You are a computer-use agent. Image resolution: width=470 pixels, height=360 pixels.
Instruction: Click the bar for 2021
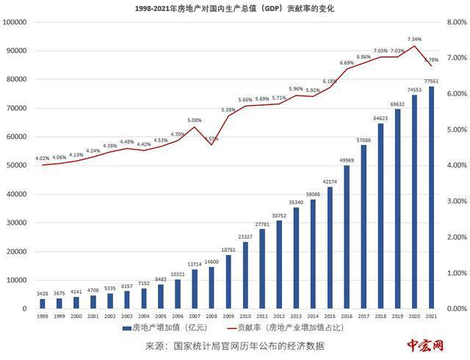431,198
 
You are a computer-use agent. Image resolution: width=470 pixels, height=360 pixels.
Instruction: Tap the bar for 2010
245,276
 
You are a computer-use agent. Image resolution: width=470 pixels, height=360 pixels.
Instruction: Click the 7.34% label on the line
414,39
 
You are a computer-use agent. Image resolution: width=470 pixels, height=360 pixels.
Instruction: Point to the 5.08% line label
195,120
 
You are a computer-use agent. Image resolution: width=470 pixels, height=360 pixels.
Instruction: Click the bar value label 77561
431,82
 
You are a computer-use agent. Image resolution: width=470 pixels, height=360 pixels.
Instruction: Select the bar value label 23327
245,237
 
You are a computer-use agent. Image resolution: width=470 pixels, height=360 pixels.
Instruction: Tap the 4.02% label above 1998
42,158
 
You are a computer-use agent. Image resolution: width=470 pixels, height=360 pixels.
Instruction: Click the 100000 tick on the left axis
15,22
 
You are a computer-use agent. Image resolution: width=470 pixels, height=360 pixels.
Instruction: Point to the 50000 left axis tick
18,165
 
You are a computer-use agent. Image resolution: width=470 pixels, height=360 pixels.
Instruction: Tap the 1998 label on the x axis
42,316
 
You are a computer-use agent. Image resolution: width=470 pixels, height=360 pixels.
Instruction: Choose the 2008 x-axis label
211,316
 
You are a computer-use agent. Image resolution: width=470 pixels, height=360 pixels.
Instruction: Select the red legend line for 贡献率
236,328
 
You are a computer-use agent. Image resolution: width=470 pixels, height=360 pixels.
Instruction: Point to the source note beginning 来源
234,346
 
